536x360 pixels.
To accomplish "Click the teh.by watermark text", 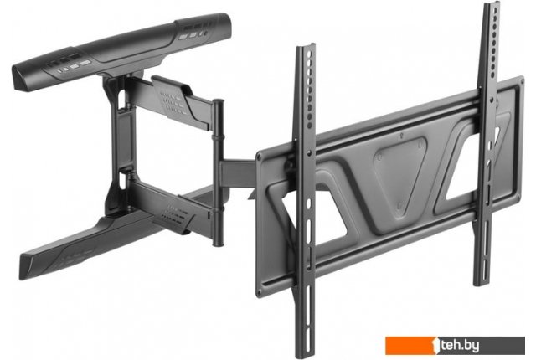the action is tap(460, 345).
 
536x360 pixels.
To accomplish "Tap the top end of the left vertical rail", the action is tap(306, 46).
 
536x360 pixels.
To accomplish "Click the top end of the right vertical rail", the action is tap(492, 4).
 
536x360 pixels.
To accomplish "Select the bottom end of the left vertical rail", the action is tap(306, 355).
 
